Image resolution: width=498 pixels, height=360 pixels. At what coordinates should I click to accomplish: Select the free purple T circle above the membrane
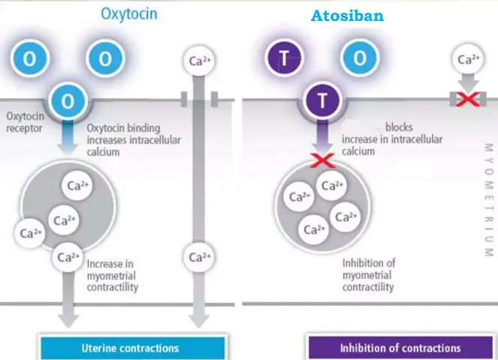pos(282,59)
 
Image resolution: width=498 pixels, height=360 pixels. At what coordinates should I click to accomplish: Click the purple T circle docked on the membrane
pos(322,101)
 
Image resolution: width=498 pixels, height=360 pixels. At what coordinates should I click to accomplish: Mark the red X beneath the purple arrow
pos(322,159)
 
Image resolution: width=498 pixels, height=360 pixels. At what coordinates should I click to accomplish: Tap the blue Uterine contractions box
pos(130,348)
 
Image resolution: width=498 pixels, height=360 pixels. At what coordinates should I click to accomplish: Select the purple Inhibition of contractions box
pos(400,348)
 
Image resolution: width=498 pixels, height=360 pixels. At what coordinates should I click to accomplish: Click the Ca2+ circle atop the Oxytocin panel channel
pos(198,59)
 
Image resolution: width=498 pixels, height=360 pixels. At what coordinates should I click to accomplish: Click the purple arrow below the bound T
pos(322,135)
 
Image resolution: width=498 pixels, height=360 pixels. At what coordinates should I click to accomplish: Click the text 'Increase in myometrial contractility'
pos(113,275)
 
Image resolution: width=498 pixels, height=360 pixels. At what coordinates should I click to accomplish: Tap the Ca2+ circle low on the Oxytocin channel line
pos(198,257)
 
